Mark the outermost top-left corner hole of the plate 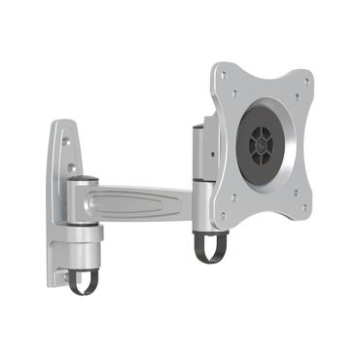[x=226, y=74]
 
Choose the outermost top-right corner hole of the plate [x=305, y=82]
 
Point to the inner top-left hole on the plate [x=237, y=92]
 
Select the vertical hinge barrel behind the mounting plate [x=202, y=195]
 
